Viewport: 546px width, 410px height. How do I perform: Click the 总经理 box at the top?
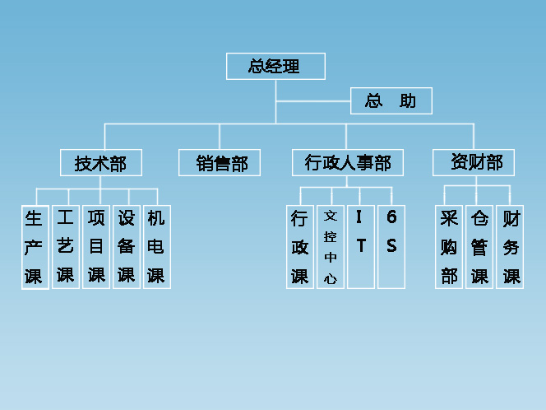point(275,67)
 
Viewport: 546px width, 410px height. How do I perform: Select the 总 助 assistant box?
point(391,101)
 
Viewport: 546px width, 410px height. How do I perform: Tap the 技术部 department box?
point(100,163)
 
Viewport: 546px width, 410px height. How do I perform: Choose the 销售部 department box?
point(219,163)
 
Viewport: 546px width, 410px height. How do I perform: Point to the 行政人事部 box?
point(347,163)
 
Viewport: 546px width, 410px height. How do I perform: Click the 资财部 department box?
point(474,162)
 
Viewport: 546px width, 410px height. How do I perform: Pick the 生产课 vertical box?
point(34,247)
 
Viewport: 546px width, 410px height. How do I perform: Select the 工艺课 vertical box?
point(65,246)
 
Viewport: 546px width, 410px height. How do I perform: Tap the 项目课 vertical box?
point(96,246)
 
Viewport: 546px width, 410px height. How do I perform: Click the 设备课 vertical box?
point(126,246)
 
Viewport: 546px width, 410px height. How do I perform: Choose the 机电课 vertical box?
point(156,246)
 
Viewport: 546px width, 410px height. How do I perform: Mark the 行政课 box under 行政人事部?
point(300,247)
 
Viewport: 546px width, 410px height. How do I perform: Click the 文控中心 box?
point(331,247)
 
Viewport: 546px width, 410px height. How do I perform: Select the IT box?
point(360,247)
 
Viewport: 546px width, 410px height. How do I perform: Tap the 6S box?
point(391,247)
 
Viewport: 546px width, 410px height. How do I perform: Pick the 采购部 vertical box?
point(449,247)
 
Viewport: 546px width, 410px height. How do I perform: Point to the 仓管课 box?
point(479,247)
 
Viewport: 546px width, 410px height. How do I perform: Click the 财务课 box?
point(511,247)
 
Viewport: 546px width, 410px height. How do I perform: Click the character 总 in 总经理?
point(257,67)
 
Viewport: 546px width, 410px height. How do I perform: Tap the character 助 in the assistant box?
point(407,101)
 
